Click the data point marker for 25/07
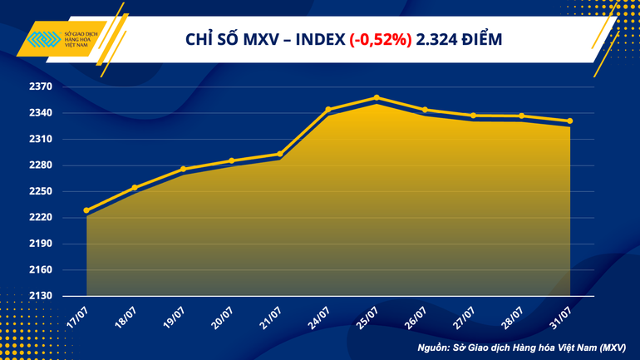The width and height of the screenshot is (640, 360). pyautogui.click(x=377, y=98)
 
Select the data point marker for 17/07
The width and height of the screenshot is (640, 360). pyautogui.click(x=87, y=210)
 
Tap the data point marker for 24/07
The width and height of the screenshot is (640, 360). pyautogui.click(x=328, y=110)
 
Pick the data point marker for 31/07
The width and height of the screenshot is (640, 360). pyautogui.click(x=569, y=121)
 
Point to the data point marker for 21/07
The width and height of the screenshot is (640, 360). pyautogui.click(x=280, y=154)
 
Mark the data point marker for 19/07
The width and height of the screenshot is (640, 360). pyautogui.click(x=184, y=170)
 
